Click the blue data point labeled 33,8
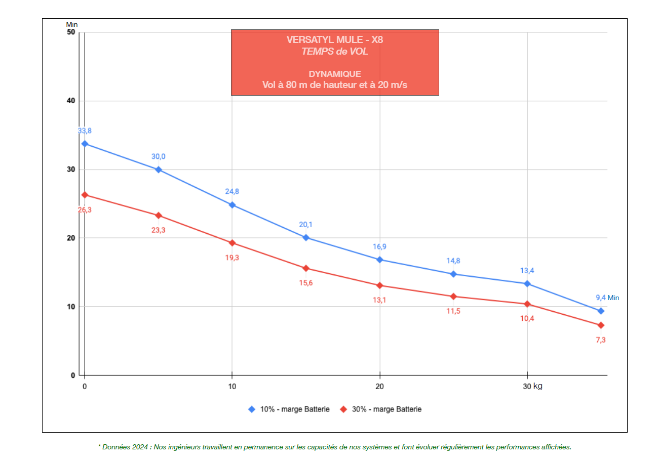[85, 144]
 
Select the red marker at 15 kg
[306, 268]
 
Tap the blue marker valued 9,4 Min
[601, 311]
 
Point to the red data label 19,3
[232, 258]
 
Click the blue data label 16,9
[379, 247]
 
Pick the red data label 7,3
[601, 340]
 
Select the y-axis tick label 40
[70, 101]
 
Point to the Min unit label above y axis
[71, 24]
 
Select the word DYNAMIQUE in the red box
[335, 74]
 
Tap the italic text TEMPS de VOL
[334, 51]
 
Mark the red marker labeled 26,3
[85, 195]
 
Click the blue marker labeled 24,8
[232, 205]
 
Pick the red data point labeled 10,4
[527, 304]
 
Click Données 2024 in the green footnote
[122, 447]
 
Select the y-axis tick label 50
[70, 32]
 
